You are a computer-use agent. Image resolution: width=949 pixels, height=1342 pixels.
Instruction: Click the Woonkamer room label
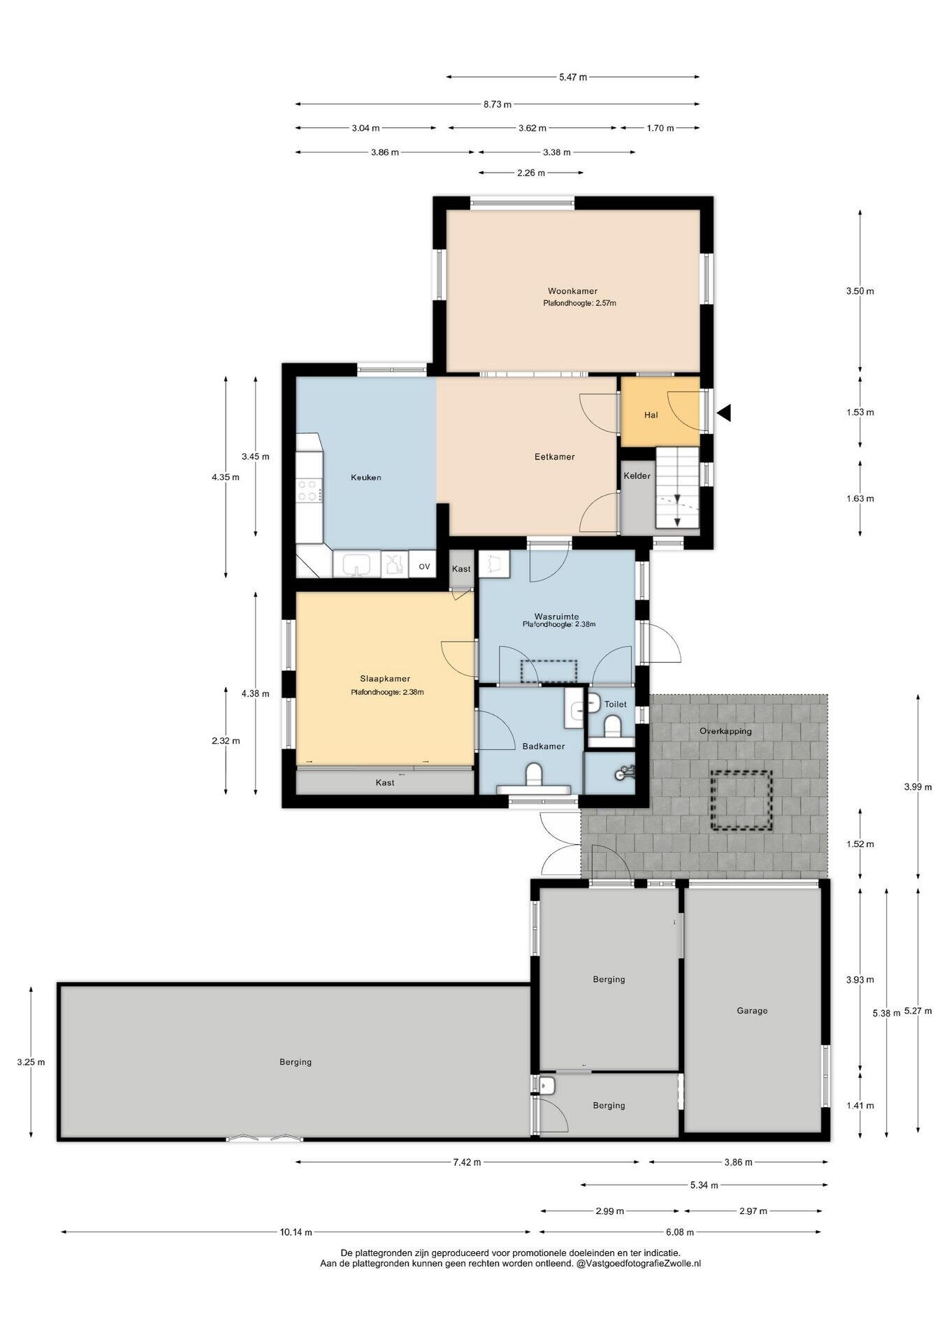572,291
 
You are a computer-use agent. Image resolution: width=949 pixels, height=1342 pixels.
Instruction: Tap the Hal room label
651,414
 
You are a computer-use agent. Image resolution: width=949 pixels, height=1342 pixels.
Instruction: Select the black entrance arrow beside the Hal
724,412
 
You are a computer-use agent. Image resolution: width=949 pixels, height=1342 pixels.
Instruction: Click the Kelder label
637,476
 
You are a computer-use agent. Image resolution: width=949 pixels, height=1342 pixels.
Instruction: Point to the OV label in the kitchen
424,566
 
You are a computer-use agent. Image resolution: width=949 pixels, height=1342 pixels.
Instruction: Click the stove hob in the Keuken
308,489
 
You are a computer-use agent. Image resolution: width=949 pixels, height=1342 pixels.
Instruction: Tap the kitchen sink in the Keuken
356,563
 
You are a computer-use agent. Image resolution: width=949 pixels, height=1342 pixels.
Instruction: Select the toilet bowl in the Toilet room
613,726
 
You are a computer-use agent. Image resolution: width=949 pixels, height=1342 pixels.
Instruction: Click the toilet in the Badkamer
534,776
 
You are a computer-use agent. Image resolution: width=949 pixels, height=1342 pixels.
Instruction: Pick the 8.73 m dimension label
497,105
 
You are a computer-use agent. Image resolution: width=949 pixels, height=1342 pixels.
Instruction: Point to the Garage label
752,1010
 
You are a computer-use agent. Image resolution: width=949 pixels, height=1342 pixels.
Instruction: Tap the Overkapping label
725,731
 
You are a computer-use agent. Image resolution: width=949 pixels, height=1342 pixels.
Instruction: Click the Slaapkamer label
385,679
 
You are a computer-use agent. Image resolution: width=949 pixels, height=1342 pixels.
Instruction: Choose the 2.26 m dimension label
531,173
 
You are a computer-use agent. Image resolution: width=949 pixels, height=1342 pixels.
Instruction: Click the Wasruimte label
556,616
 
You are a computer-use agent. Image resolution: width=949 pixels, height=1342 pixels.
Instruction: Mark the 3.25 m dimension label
31,1062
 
